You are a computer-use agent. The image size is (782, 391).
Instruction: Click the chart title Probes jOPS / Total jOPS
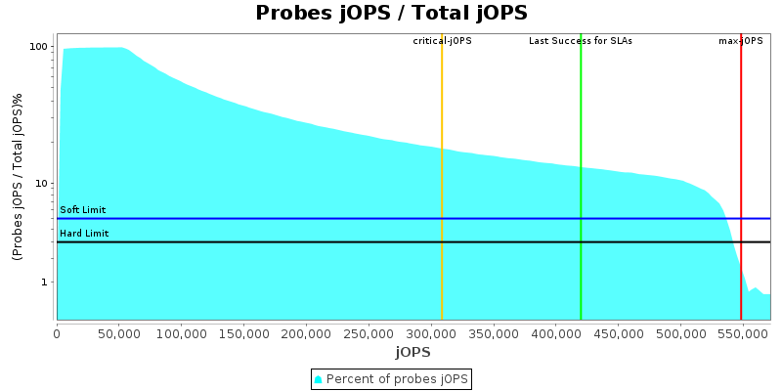391,14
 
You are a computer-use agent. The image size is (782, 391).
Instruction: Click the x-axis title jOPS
413,352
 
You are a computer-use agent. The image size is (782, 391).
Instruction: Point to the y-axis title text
18,177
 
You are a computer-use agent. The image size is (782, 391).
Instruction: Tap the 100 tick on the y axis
39,47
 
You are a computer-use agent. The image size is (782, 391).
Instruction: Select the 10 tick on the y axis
42,184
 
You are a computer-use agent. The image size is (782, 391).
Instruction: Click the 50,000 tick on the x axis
118,333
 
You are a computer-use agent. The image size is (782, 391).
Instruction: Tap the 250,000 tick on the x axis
369,333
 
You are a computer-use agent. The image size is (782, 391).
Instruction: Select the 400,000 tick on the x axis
555,333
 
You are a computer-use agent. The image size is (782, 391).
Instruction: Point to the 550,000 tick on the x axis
742,333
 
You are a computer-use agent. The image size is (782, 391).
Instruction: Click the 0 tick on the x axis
57,333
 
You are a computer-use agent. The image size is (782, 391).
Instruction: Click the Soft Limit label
83,210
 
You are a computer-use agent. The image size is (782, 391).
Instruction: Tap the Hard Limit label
84,234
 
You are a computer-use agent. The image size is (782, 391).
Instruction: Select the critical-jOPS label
442,41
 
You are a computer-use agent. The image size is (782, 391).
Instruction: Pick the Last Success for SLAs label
581,41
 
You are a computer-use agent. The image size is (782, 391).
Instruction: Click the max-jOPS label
741,41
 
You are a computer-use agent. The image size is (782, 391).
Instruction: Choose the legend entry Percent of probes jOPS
391,378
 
